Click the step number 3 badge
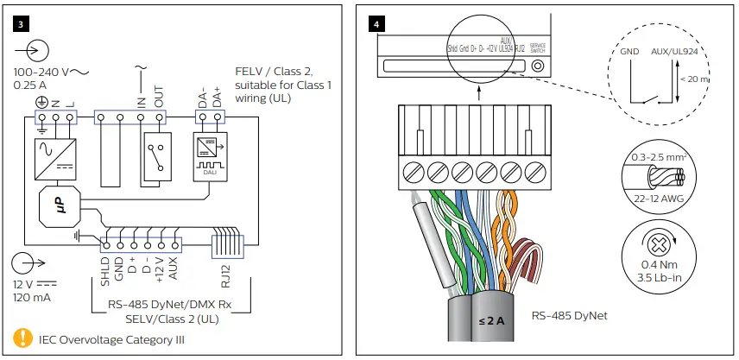pos(21,23)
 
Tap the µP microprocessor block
pos(54,205)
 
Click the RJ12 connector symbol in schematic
pos(230,248)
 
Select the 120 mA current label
pos(30,297)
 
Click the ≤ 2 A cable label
pos(490,322)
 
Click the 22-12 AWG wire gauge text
pos(652,197)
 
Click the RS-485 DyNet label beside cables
pos(570,316)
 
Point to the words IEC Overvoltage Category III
pos(111,339)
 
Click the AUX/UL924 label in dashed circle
pos(674,51)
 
